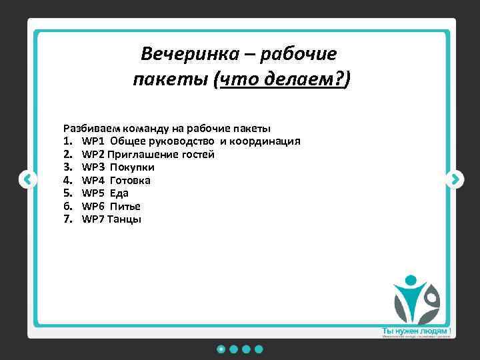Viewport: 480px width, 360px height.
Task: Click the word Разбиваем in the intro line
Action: click(88, 128)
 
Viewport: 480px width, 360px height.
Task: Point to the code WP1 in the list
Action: click(93, 141)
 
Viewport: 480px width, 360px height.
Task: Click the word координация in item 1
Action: click(269, 141)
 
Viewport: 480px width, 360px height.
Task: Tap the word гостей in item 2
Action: click(197, 154)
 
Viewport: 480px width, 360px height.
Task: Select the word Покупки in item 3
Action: click(132, 167)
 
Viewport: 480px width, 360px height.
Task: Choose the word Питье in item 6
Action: click(125, 206)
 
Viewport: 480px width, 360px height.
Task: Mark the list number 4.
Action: click(67, 180)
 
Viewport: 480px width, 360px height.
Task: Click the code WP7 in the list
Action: click(93, 219)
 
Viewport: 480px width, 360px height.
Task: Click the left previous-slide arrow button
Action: click(27, 179)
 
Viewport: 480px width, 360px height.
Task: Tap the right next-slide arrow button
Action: click(454, 179)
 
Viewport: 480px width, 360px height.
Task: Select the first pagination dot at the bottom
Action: click(221, 349)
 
